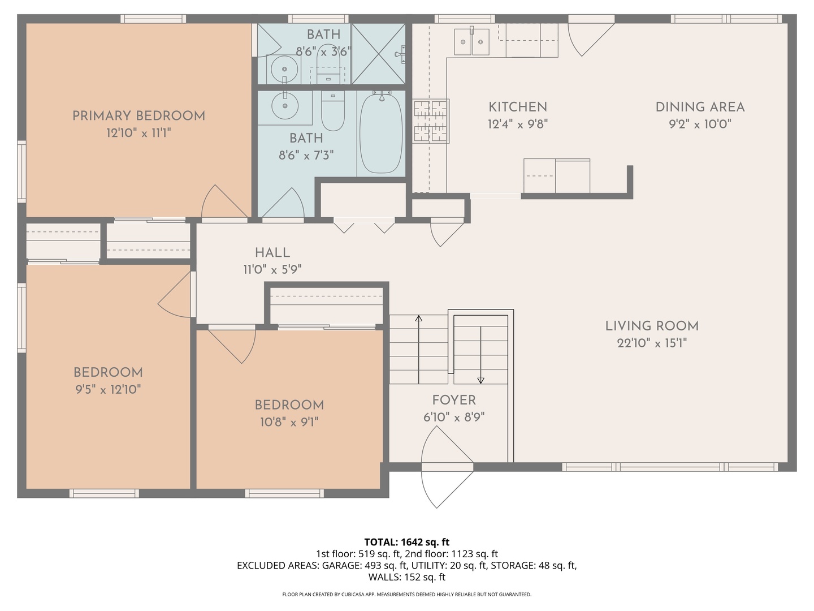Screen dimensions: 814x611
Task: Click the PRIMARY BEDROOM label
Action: [138, 116]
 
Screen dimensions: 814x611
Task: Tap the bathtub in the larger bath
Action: [381, 134]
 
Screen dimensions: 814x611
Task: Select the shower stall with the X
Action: [378, 54]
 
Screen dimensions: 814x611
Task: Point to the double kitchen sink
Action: [471, 42]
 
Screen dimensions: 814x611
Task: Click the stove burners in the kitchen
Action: [431, 121]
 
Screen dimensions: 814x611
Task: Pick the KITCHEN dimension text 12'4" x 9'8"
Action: [518, 124]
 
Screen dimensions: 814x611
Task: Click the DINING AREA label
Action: [700, 107]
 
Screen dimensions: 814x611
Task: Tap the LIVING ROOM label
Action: [652, 326]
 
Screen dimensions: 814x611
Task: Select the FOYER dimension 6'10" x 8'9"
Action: [454, 418]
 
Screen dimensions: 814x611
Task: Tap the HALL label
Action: [272, 253]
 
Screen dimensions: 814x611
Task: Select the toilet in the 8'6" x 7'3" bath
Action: [332, 111]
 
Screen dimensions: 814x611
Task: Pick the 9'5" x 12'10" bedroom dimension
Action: [109, 390]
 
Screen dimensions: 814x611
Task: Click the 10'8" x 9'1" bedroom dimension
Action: [289, 422]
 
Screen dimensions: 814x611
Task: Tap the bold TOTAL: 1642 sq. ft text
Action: [407, 542]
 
